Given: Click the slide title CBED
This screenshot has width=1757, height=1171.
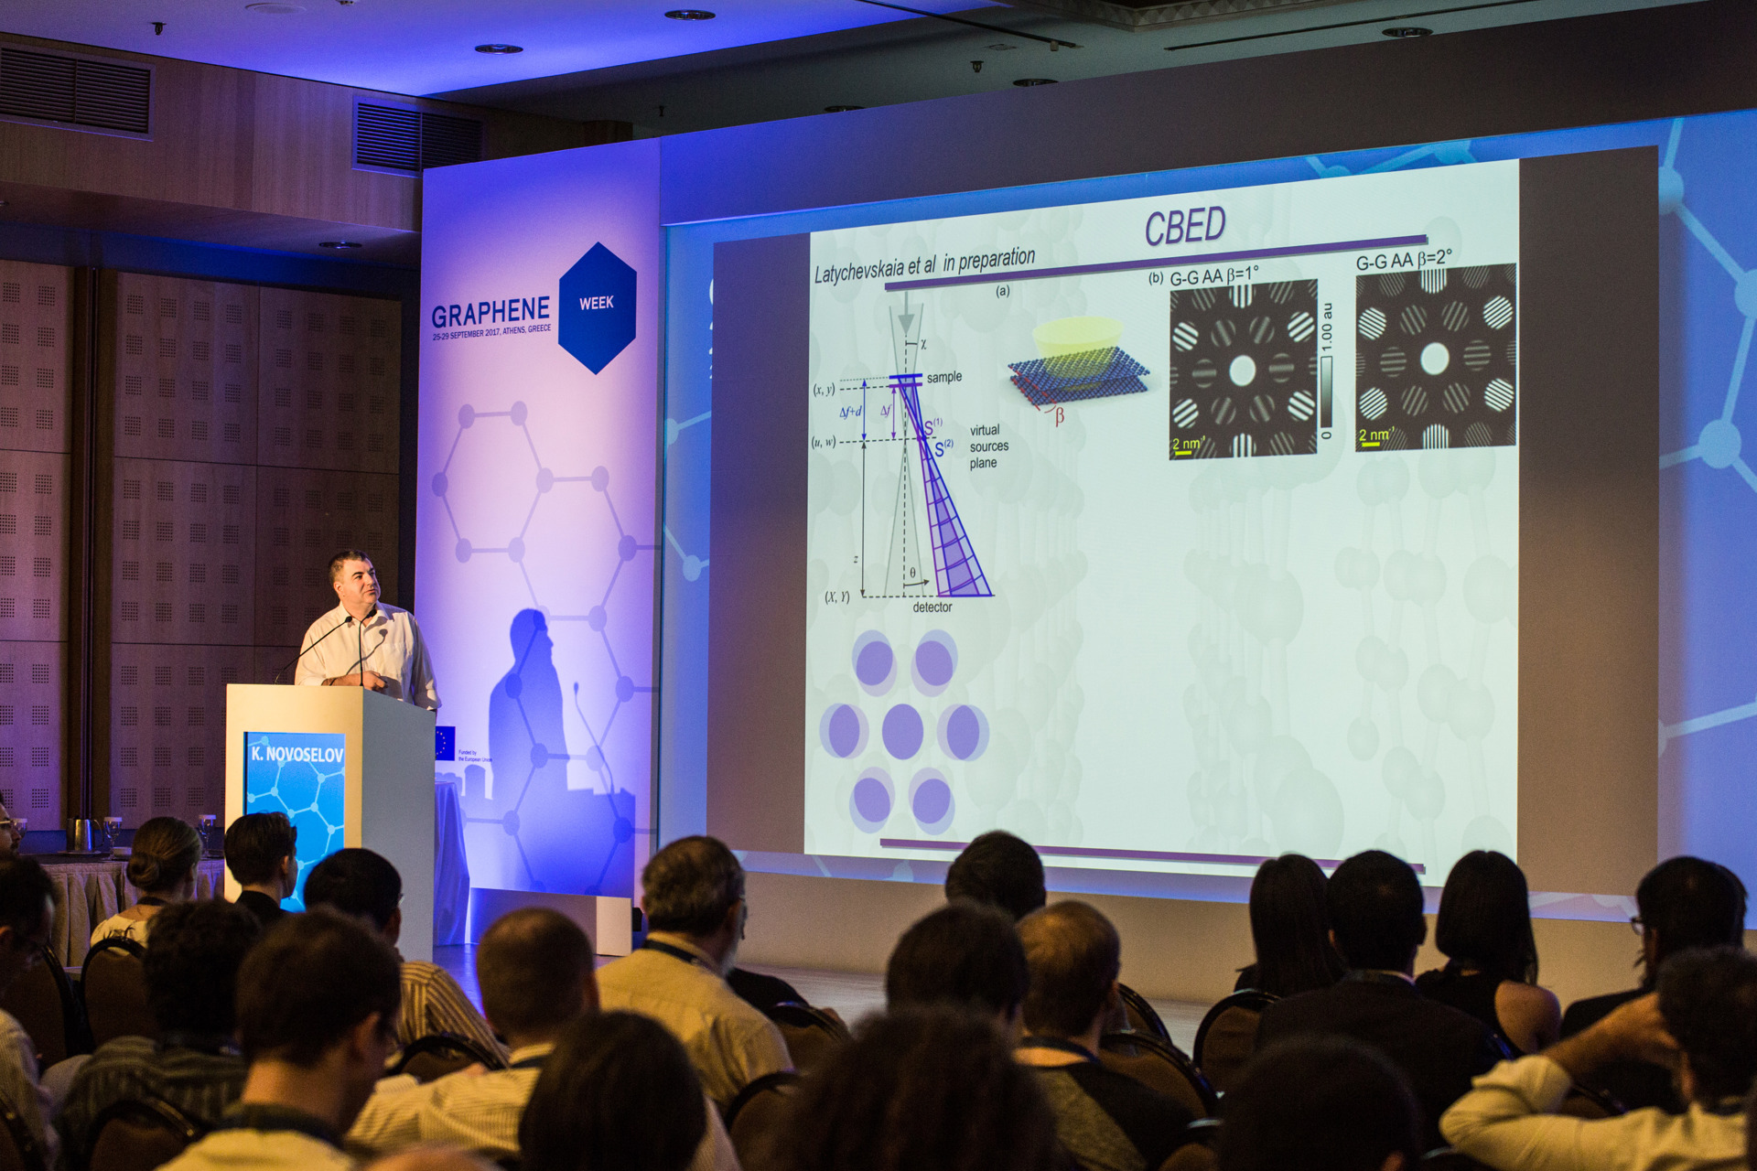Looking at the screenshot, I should coord(1184,226).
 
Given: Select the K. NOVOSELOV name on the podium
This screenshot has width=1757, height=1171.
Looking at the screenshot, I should coord(296,754).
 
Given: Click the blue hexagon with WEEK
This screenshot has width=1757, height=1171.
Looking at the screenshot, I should coord(597,307).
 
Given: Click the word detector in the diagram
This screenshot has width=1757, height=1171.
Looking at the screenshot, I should coord(932,607).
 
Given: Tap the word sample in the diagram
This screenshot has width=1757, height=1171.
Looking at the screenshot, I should coord(943,377).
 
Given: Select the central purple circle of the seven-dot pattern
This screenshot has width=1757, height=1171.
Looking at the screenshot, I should coord(902,731).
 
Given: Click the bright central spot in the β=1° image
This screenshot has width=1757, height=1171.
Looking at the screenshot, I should coord(1242,371).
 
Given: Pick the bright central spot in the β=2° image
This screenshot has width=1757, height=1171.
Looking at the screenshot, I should coord(1434,359).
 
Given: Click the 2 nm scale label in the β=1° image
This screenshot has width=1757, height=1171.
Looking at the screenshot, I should coord(1187,445).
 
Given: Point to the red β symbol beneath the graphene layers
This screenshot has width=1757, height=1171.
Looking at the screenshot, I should coord(1059,417).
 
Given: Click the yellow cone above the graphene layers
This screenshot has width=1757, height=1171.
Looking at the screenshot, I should coord(1078,338).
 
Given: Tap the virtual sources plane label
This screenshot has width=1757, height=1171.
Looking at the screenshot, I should coord(988,446).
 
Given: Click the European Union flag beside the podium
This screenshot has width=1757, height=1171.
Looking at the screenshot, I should coord(445,743).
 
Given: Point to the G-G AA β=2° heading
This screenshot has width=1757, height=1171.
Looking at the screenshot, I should coord(1403,261).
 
